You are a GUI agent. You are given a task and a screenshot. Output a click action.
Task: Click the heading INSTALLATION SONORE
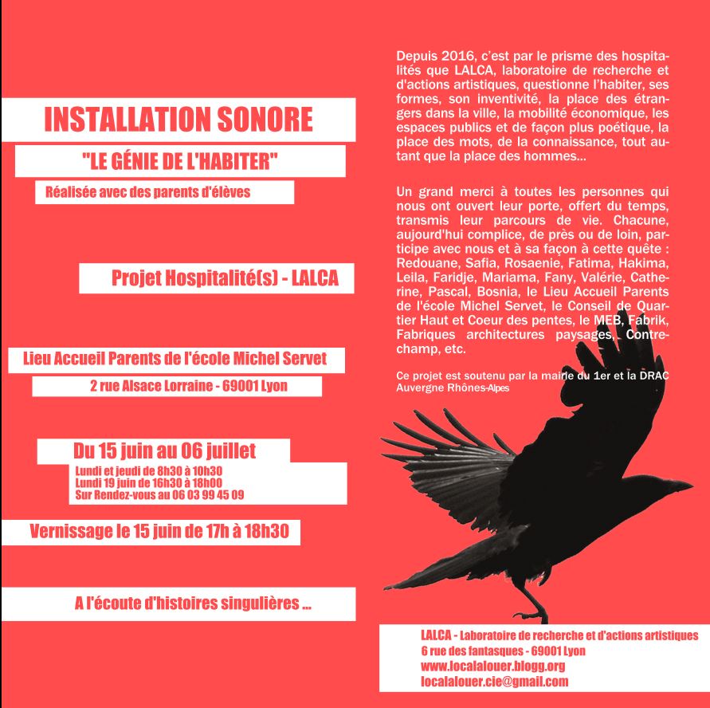[178, 120]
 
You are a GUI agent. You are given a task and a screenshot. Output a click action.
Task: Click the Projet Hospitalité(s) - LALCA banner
[224, 278]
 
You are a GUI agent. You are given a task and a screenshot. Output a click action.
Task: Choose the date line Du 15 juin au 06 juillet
[164, 451]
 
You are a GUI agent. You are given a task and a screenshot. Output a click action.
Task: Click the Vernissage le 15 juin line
[158, 532]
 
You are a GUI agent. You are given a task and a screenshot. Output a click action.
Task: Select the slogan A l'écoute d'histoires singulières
[192, 604]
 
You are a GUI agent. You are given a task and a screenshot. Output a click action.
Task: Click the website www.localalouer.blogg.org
[492, 666]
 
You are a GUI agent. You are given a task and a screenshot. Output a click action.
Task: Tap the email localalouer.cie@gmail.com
[494, 682]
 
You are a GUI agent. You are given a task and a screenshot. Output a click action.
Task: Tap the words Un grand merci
[438, 191]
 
